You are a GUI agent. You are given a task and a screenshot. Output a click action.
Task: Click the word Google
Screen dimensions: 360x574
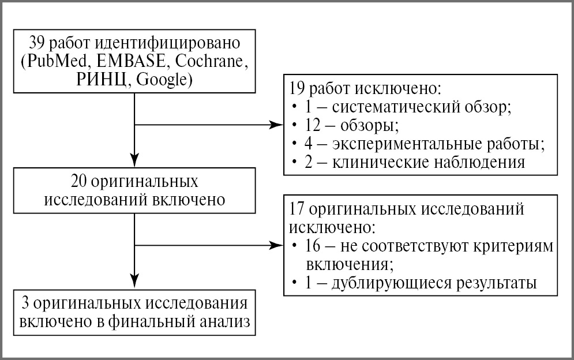[163, 80]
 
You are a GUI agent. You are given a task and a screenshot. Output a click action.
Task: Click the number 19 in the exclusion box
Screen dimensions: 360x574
[298, 89]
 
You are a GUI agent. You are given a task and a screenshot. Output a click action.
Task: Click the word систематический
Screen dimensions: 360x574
[397, 107]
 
